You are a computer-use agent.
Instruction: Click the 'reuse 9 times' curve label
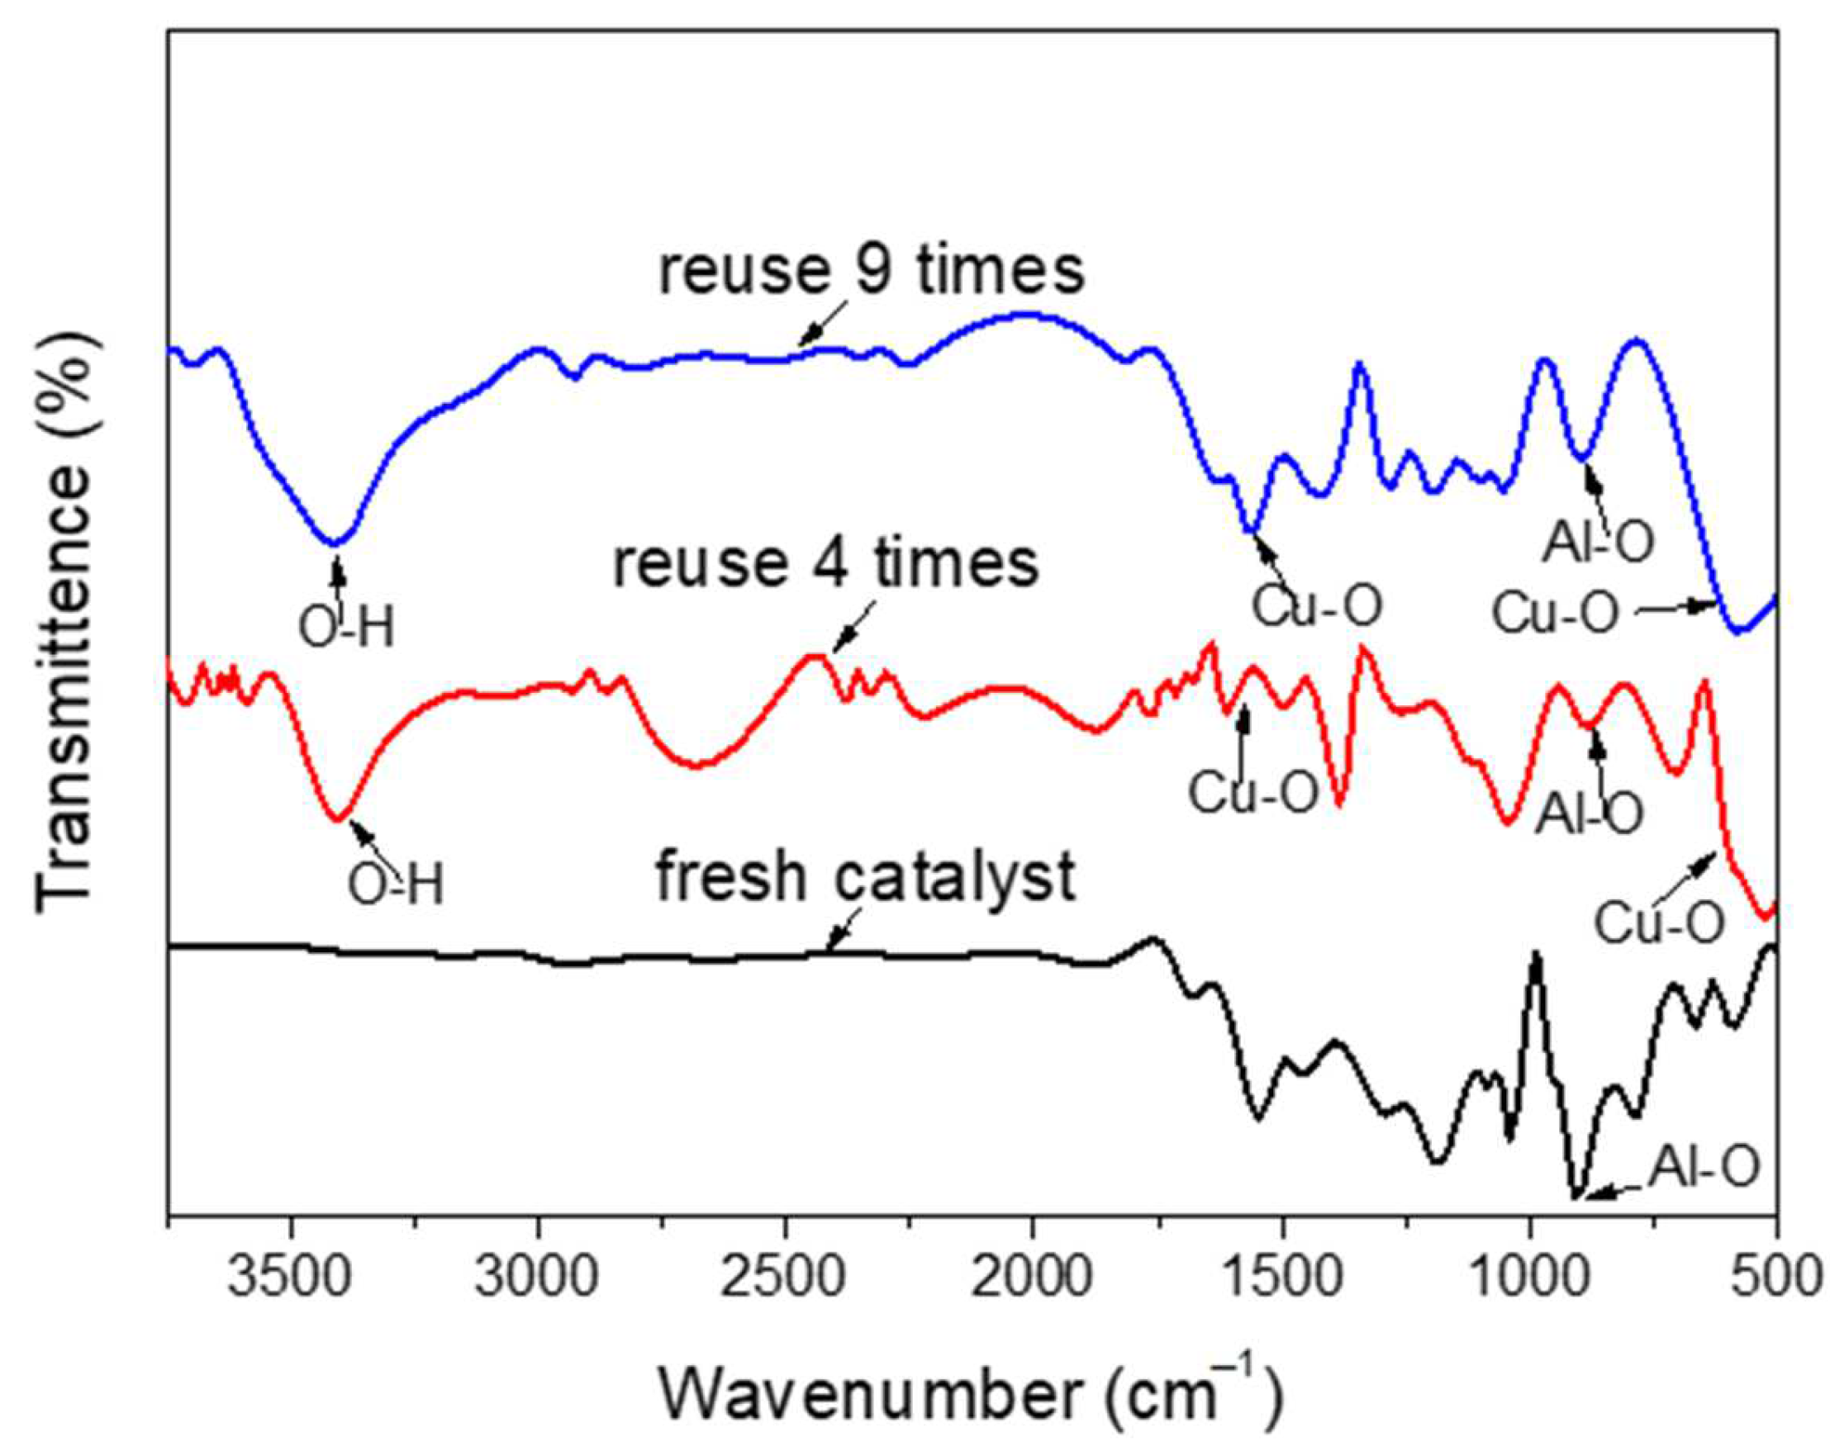point(872,270)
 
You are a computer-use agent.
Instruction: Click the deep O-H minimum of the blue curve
point(334,543)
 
